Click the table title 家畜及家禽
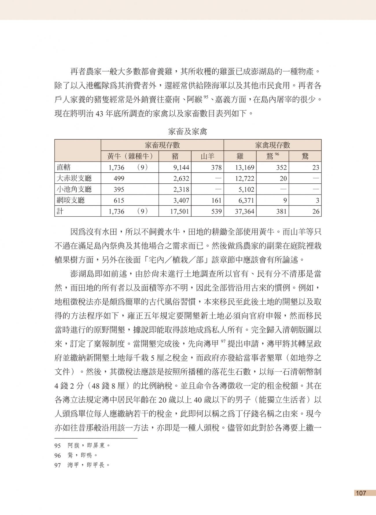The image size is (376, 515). [x=188, y=132]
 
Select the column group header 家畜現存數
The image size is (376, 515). [x=162, y=145]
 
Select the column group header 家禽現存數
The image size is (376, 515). [x=272, y=145]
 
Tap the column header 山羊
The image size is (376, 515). [x=207, y=156]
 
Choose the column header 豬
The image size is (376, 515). [x=175, y=156]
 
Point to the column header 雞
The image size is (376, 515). [x=240, y=156]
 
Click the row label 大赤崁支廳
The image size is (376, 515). [x=74, y=178]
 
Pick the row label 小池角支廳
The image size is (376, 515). [x=74, y=189]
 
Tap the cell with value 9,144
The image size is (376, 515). [x=181, y=167]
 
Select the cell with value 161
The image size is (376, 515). [x=216, y=200]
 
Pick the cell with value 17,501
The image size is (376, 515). [x=180, y=211]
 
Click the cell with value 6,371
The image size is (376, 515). [x=246, y=200]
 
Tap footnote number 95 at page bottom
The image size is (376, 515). [x=58, y=445]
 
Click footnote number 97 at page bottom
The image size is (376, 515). [x=58, y=465]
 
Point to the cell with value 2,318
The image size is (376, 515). [x=181, y=189]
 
